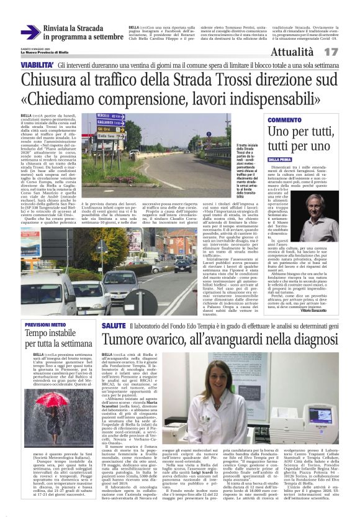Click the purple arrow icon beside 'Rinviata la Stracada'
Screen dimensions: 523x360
30,32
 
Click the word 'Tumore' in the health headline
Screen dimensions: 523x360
122,340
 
